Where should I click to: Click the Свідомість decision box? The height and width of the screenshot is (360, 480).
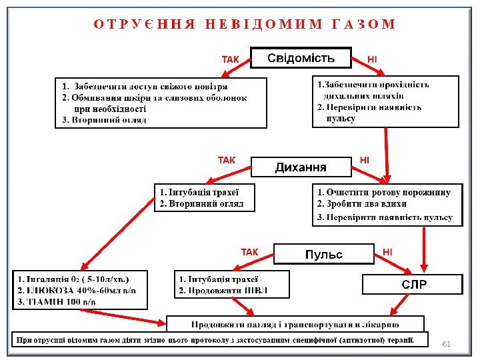coord(301,58)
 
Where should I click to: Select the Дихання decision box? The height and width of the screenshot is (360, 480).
coord(301,167)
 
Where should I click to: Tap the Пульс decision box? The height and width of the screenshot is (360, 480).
coord(323,255)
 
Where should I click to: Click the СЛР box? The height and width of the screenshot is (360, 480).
coord(412,285)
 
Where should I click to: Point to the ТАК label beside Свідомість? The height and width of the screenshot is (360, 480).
coord(230,60)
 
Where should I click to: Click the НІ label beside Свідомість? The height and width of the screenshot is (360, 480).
coord(372,60)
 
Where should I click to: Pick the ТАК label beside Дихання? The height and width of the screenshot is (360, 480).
coord(227,161)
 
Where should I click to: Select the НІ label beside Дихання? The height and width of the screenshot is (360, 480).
coord(364,161)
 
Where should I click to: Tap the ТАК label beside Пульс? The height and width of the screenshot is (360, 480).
coord(249,253)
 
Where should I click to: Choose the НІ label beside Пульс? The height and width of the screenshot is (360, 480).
coord(387,252)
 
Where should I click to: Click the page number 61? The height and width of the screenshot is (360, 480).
coord(447,344)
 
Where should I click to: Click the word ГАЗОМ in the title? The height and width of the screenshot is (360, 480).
coord(363,25)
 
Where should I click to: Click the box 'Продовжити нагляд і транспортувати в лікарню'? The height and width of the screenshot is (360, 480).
coord(295,325)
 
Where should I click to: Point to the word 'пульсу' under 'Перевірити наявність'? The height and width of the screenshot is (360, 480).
coord(341,119)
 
